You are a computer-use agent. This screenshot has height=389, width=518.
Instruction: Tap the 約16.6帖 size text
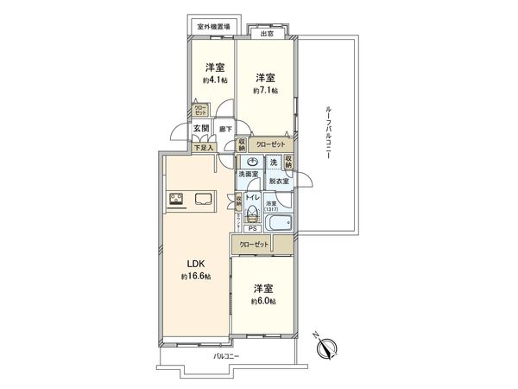[195, 277]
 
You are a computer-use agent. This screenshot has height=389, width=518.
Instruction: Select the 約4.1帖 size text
[216, 80]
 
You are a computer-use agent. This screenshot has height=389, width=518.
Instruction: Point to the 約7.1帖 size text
[264, 89]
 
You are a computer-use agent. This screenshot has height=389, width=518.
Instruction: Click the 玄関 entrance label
[200, 129]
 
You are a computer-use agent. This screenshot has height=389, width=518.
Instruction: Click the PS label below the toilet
[252, 229]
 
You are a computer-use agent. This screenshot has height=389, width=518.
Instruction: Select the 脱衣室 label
[277, 182]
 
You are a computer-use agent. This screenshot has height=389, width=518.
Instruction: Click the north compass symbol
[326, 348]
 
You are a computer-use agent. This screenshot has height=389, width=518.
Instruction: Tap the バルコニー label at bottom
[226, 356]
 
